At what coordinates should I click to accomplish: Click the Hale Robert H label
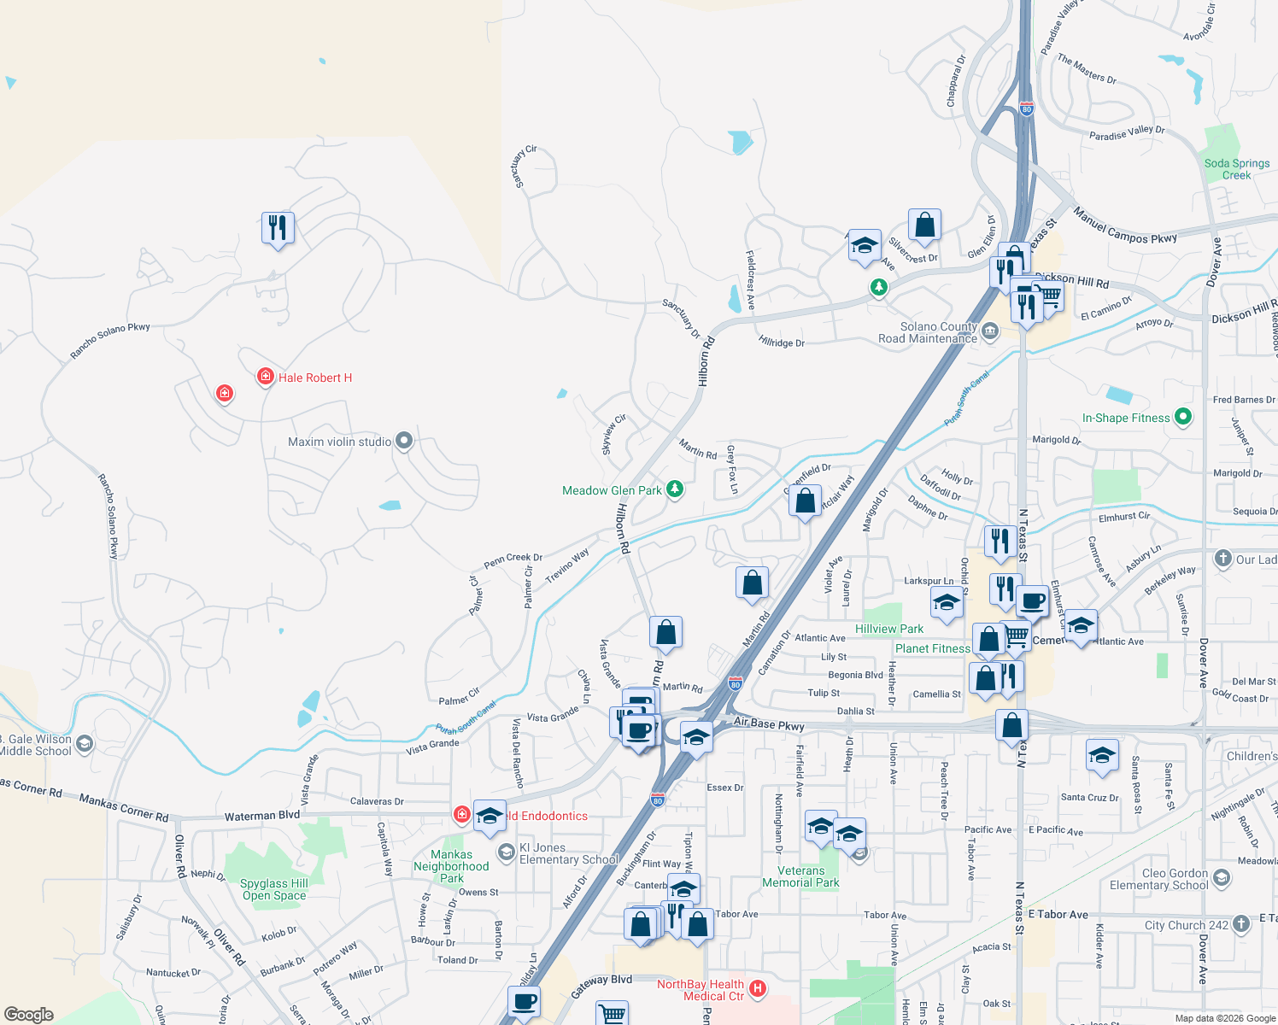(314, 378)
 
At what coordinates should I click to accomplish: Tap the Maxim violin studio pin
(405, 441)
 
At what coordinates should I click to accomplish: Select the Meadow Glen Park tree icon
(675, 489)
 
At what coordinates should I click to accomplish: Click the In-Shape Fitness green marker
(1183, 417)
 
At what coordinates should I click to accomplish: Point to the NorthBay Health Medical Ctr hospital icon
(757, 990)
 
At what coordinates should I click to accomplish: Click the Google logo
(29, 1015)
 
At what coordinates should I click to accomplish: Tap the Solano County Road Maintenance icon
(990, 331)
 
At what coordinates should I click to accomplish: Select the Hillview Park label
(888, 629)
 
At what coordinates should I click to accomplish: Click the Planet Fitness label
(932, 649)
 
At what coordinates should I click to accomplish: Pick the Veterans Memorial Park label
(800, 876)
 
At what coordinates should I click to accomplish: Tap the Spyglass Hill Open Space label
(273, 889)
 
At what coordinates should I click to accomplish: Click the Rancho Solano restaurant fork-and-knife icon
(278, 227)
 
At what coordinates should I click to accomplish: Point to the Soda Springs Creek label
(1236, 169)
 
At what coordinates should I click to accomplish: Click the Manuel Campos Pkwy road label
(1124, 227)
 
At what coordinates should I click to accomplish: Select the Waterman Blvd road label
(262, 816)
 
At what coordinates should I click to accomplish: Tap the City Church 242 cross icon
(1241, 925)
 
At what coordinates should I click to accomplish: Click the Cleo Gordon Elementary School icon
(1221, 878)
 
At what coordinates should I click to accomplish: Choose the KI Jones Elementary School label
(568, 853)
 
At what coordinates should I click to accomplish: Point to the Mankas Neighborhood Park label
(451, 866)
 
